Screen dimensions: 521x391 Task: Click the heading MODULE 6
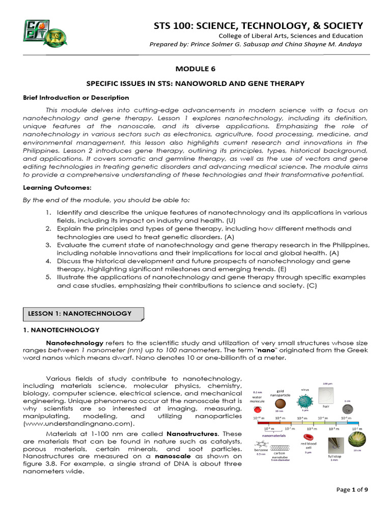pos(195,68)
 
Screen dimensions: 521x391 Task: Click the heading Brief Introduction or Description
pos(76,97)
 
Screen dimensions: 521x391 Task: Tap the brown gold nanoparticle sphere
pos(281,403)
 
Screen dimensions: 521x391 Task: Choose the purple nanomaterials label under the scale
pos(273,436)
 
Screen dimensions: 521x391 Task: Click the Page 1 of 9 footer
pos(355,504)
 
